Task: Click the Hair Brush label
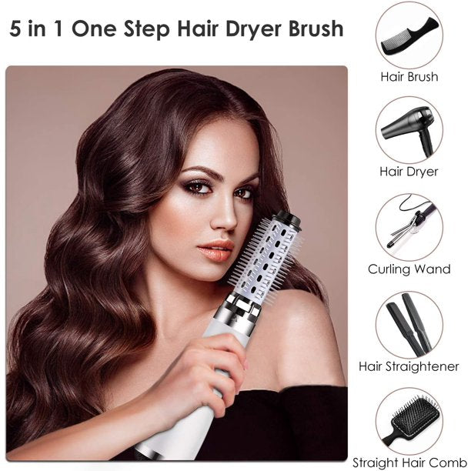pos(409,77)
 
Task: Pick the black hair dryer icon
pos(409,128)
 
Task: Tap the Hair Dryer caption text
pos(409,172)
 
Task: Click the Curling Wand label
pos(409,269)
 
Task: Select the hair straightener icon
pos(409,323)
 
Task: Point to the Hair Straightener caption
pos(409,367)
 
